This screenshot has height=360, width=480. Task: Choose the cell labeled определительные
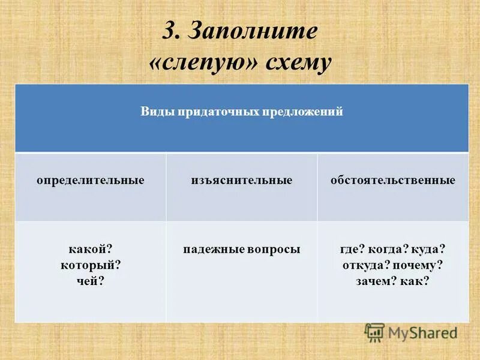[91, 180]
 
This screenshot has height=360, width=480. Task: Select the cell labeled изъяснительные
[242, 180]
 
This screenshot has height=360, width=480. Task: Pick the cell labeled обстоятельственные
[393, 180]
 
